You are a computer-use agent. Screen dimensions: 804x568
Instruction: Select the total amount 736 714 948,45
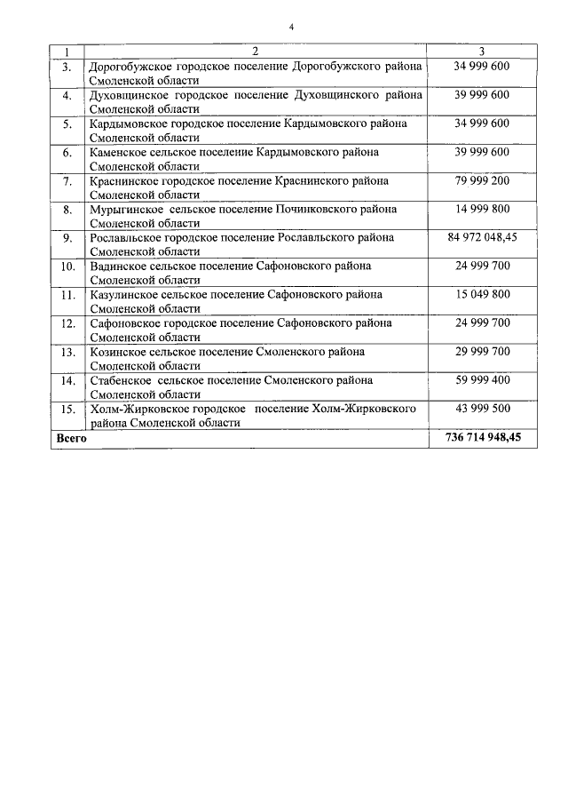point(481,438)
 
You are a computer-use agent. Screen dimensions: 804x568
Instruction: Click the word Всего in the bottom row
point(71,438)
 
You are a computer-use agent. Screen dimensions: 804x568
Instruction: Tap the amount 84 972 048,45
point(481,238)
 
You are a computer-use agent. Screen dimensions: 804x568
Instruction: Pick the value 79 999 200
point(481,180)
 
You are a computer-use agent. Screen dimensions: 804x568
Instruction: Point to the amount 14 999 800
point(481,209)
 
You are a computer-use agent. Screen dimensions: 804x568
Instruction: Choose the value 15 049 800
point(481,294)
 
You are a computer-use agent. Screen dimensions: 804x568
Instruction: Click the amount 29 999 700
point(481,351)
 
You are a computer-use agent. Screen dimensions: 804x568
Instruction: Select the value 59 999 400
point(481,379)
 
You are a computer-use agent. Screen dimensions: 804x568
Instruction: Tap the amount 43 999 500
point(481,408)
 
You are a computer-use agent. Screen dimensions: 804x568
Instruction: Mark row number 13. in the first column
point(67,351)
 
